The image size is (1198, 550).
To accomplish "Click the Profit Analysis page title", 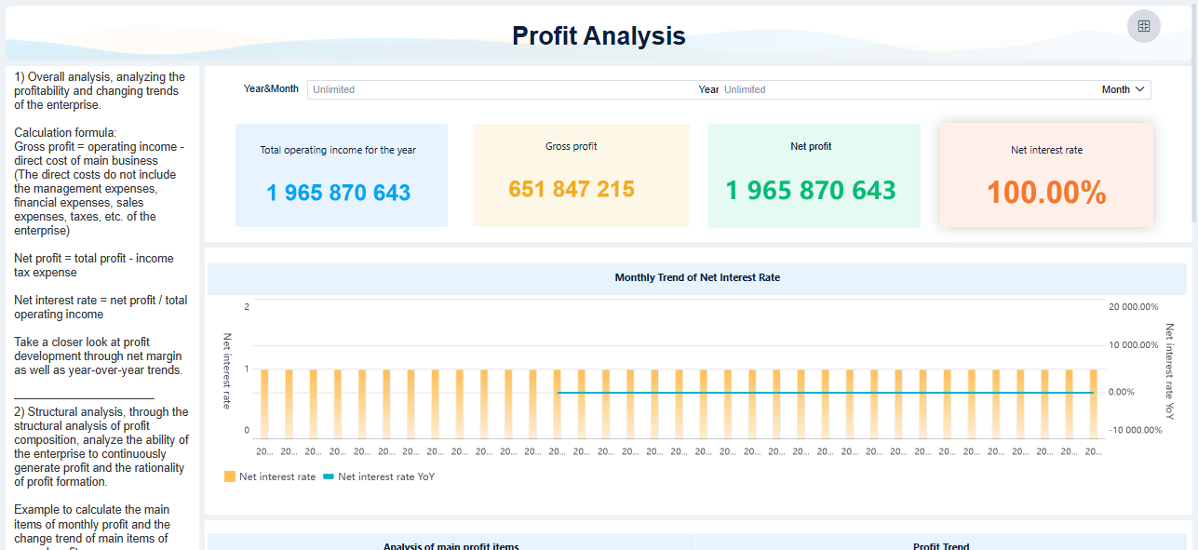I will click(599, 36).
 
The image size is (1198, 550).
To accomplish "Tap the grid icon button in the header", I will click(1144, 26).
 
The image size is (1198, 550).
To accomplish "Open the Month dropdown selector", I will click(1124, 90).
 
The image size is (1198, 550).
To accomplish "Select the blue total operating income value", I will click(338, 193).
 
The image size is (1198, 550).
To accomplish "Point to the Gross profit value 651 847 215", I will click(572, 190).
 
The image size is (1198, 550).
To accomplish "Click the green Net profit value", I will click(810, 191).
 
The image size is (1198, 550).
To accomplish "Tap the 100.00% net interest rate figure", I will click(1046, 193).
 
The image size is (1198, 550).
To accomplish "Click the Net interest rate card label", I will click(1046, 150).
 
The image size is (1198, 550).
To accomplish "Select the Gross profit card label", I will click(572, 146).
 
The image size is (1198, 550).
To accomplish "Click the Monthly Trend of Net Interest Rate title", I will click(697, 277).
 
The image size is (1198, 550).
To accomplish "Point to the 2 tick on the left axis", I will click(247, 307).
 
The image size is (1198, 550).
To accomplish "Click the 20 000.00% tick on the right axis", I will click(1133, 307).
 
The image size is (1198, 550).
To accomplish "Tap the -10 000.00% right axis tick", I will click(1136, 430).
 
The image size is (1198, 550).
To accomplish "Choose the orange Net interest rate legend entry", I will click(269, 476).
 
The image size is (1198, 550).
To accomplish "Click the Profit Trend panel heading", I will click(941, 545).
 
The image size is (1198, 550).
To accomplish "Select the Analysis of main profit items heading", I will click(451, 545).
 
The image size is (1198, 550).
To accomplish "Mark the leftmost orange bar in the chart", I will click(265, 403).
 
